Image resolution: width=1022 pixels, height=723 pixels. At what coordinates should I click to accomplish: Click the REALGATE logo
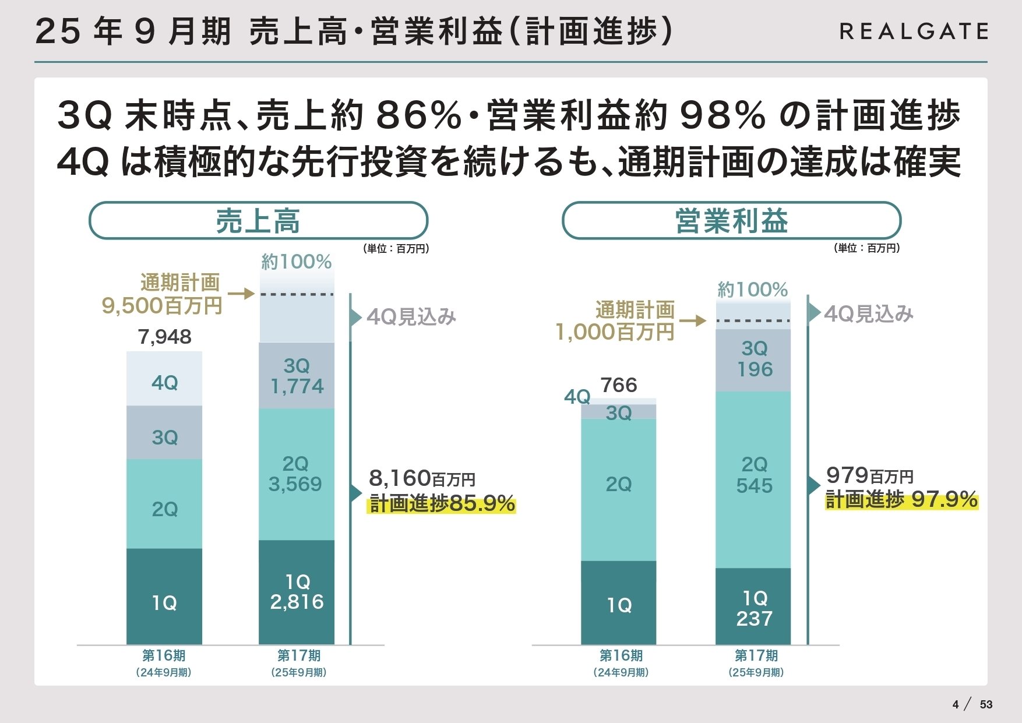pos(914,31)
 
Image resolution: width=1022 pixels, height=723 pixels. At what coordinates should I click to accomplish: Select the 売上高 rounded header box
pos(258,221)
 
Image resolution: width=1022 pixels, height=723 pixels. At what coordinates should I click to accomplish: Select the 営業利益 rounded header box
pos(731,221)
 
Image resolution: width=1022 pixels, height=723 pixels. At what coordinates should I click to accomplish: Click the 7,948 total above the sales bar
pos(165,337)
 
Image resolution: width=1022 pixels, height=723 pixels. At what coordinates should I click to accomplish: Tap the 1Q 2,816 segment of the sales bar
pos(297,592)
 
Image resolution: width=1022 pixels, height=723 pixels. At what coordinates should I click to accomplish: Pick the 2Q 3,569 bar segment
pos(296,474)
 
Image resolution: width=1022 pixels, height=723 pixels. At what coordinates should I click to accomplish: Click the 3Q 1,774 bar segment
pos(297,376)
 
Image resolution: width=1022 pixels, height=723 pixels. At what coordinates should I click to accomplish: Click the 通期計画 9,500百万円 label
pos(162,294)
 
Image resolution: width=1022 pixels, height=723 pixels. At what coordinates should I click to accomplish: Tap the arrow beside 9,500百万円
pos(241,293)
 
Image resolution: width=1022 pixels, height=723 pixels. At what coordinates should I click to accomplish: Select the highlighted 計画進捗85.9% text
pos(442,504)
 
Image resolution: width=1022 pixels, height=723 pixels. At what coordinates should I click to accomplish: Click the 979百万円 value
pos(869,475)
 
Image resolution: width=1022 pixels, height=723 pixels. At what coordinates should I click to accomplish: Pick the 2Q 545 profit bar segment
pos(753,475)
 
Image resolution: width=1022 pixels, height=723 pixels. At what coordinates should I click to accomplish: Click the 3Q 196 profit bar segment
pos(754,359)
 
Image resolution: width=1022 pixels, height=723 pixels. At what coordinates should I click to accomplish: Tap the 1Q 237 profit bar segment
pos(753,608)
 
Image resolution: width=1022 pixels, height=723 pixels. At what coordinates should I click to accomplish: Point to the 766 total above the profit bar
pos(619,385)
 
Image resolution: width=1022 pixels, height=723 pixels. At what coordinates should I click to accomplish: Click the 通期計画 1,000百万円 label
pos(615,321)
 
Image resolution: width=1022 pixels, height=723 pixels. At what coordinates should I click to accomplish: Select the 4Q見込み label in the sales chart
pos(411,317)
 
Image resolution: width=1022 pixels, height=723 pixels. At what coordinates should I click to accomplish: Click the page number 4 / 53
pos(972,704)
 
